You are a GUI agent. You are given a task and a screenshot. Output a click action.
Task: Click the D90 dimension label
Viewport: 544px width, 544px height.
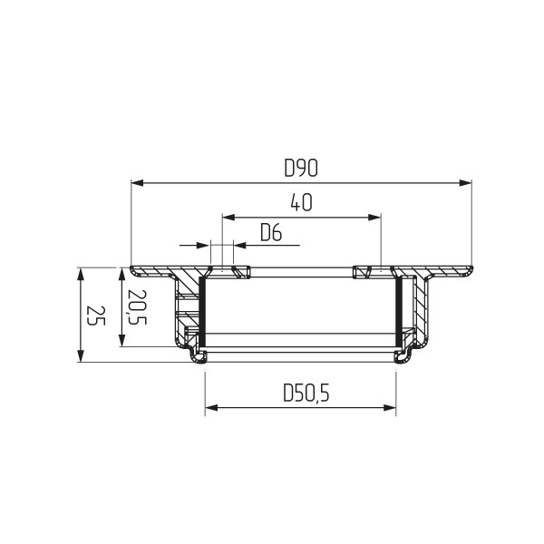(301, 168)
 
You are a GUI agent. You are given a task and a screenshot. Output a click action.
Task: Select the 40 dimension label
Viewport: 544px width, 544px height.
(302, 202)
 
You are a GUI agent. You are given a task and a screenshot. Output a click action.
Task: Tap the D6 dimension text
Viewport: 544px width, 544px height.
(271, 232)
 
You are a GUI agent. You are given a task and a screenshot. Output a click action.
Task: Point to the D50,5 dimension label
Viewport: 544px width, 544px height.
(306, 393)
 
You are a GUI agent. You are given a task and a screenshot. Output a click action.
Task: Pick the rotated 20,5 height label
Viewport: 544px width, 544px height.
(137, 307)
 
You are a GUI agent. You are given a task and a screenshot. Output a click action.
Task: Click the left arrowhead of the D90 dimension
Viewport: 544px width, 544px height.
(138, 183)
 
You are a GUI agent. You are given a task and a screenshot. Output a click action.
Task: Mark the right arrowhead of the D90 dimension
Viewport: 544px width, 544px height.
(465, 183)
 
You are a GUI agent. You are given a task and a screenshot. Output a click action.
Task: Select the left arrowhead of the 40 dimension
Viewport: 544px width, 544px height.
(228, 218)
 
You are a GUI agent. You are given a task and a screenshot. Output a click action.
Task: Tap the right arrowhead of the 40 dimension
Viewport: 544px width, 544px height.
(374, 218)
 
